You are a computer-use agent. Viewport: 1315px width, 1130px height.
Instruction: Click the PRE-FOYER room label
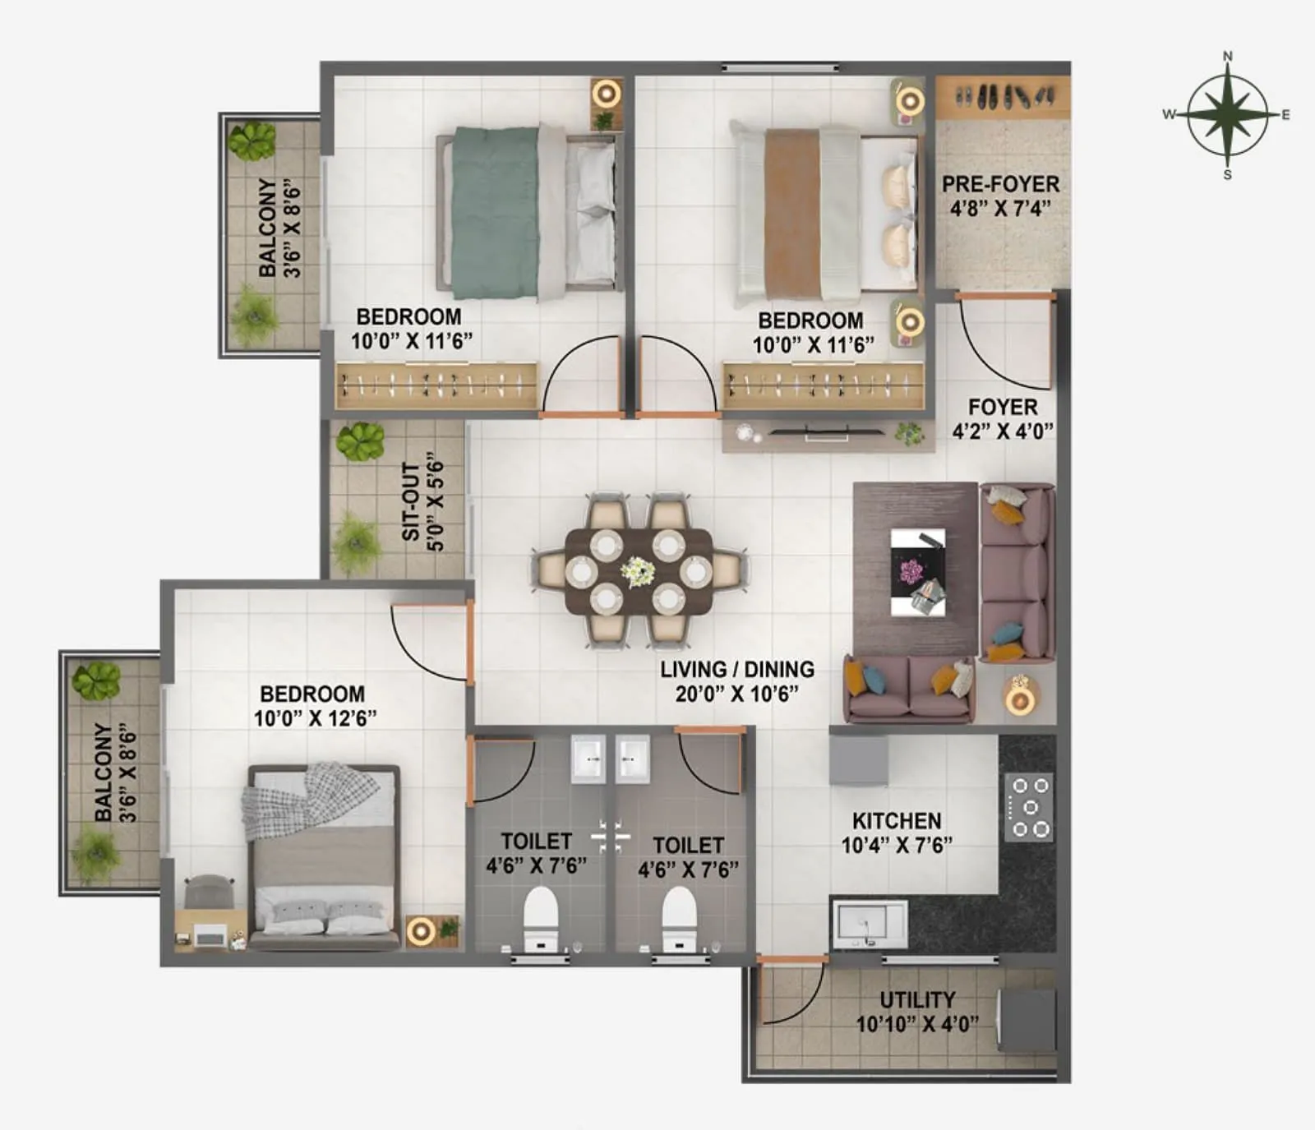click(x=1000, y=184)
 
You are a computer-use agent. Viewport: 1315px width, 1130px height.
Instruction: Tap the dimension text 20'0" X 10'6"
click(x=737, y=694)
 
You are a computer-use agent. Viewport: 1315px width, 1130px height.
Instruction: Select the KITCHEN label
click(x=897, y=821)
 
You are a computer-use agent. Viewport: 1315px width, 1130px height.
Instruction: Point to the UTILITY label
click(x=917, y=1000)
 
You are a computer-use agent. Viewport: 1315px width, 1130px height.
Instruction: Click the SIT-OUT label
click(x=411, y=501)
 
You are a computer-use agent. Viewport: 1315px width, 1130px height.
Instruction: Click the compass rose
click(x=1227, y=115)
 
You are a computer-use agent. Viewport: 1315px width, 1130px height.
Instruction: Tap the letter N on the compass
click(x=1228, y=57)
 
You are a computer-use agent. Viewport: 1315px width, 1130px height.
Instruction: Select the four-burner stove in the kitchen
click(x=1029, y=807)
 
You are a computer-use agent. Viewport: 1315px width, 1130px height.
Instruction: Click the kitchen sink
click(x=870, y=924)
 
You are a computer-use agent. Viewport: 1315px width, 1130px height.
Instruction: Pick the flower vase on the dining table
click(x=638, y=571)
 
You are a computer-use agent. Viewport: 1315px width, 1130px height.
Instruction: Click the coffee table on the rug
click(x=918, y=572)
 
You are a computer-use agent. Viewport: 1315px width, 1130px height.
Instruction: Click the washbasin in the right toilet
click(x=634, y=758)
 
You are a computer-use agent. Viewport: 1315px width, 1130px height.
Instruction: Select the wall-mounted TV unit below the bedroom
click(x=828, y=435)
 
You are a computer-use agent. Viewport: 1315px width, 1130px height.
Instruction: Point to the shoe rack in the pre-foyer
click(x=1003, y=96)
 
